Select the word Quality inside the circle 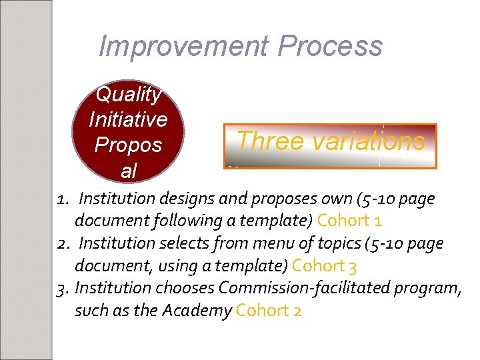[x=129, y=95]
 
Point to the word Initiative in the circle [x=128, y=119]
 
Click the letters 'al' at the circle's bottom [x=128, y=171]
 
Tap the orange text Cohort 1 [x=349, y=220]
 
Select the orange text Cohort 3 [x=325, y=265]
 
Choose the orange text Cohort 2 [x=269, y=311]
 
